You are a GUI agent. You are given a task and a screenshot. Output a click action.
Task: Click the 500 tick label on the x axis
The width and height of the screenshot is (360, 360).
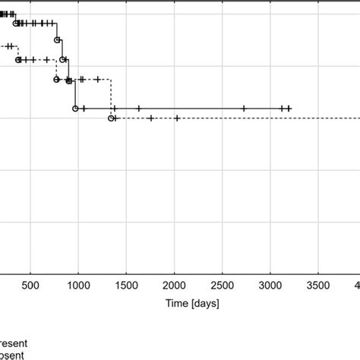30,286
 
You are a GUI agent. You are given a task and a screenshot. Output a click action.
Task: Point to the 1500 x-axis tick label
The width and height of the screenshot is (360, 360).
126,286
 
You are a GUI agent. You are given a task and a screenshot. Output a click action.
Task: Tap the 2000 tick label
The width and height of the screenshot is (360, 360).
174,286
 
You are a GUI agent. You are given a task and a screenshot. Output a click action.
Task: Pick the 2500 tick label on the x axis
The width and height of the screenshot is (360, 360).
223,286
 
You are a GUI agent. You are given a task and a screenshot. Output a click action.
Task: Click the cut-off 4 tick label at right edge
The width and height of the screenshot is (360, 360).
357,286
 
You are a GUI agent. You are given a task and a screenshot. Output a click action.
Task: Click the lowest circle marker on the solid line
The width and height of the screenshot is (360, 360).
75,109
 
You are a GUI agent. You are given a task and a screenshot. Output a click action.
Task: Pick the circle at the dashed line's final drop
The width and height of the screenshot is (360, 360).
111,118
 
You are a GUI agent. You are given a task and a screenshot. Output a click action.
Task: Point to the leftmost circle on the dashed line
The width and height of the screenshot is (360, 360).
57,79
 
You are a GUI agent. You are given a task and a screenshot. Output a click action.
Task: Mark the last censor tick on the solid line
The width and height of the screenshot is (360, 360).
289,109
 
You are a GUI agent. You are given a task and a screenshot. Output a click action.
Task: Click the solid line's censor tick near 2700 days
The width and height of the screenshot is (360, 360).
244,109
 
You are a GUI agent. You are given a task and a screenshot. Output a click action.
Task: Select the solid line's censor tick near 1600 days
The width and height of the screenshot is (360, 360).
138,109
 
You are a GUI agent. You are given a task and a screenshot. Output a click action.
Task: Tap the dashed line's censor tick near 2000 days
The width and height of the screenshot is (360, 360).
177,118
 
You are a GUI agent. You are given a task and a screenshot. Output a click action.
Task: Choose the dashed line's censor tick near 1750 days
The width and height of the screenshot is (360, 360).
151,118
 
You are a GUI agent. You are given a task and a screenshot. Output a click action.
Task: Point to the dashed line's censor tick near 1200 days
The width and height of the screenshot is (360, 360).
97,79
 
